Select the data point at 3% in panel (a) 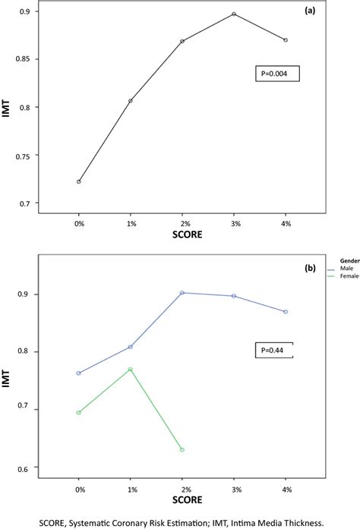(x=234, y=14)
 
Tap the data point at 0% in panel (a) (x=78, y=181)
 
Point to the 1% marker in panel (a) (x=130, y=101)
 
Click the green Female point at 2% (x=182, y=449)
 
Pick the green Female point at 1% (x=130, y=370)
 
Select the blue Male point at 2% (x=182, y=292)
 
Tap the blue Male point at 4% (x=286, y=312)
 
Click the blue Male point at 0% (x=78, y=373)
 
